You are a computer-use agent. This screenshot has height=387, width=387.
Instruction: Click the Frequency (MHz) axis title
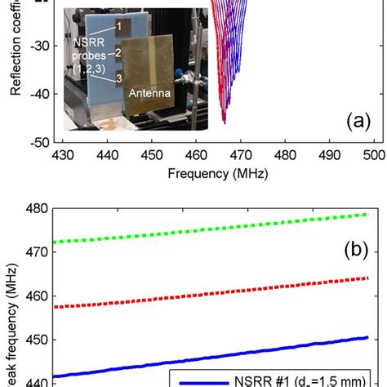pos(217,173)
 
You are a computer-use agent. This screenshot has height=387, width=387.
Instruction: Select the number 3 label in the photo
pos(119,78)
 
